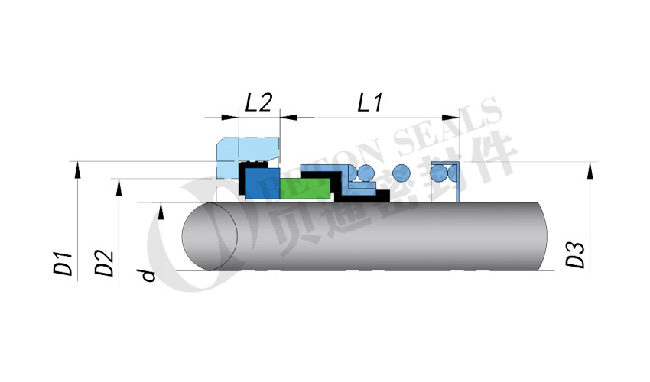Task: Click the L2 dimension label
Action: click(258, 102)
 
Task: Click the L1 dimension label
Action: click(370, 102)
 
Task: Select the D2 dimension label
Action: click(104, 263)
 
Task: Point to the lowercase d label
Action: click(148, 275)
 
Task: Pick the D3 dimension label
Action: click(575, 255)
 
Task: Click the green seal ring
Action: click(306, 189)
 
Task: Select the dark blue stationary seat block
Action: click(262, 183)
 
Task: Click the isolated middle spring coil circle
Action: click(401, 173)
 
